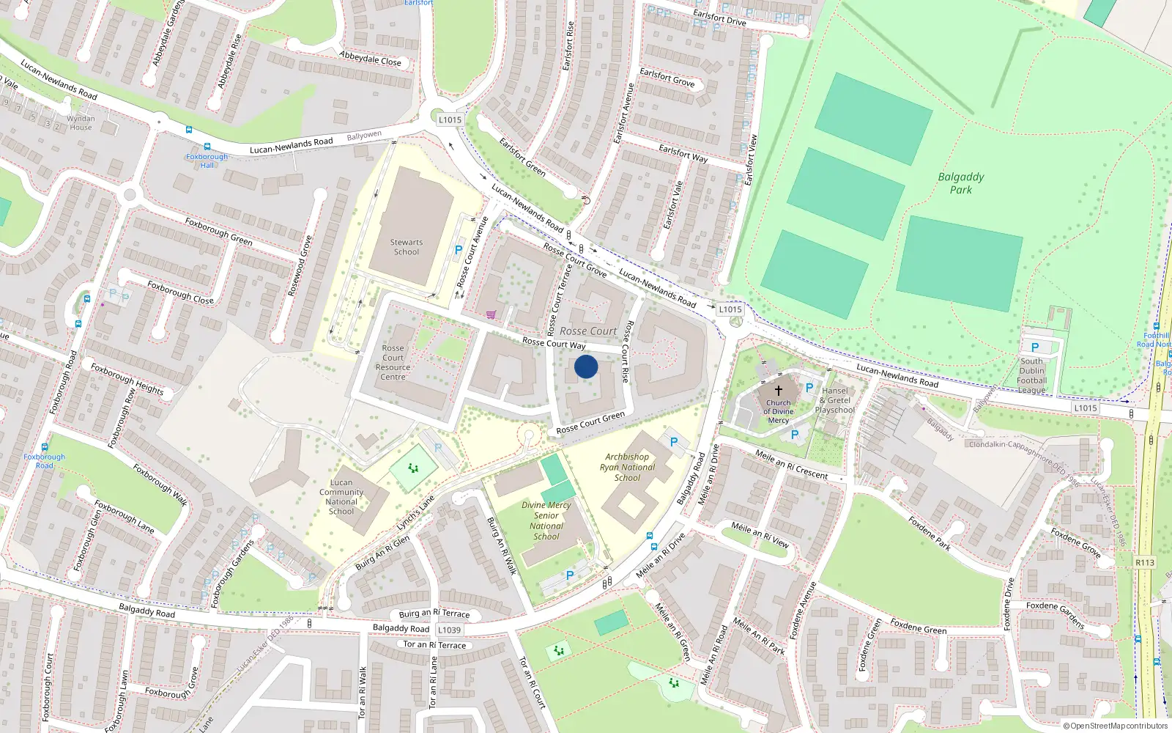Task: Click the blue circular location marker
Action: tap(586, 366)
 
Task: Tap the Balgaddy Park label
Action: tap(961, 183)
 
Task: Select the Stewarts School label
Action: tap(407, 247)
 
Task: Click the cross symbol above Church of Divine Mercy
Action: tap(779, 391)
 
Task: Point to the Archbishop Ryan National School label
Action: tap(628, 467)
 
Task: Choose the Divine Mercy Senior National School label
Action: tap(546, 520)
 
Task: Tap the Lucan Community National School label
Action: tap(341, 497)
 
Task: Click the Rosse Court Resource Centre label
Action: tap(393, 363)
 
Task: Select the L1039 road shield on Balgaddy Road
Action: tap(449, 630)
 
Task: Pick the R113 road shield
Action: tap(1145, 563)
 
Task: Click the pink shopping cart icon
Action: tap(491, 314)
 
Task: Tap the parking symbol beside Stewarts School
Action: tap(459, 251)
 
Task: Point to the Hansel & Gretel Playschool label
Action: tap(835, 400)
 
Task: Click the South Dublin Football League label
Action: tap(1031, 375)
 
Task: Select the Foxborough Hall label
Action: tap(207, 161)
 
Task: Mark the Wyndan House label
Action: tap(81, 122)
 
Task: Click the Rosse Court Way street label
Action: tap(554, 343)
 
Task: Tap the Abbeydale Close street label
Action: tap(371, 59)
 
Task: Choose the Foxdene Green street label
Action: tap(919, 626)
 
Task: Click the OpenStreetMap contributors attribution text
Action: tap(1116, 726)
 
